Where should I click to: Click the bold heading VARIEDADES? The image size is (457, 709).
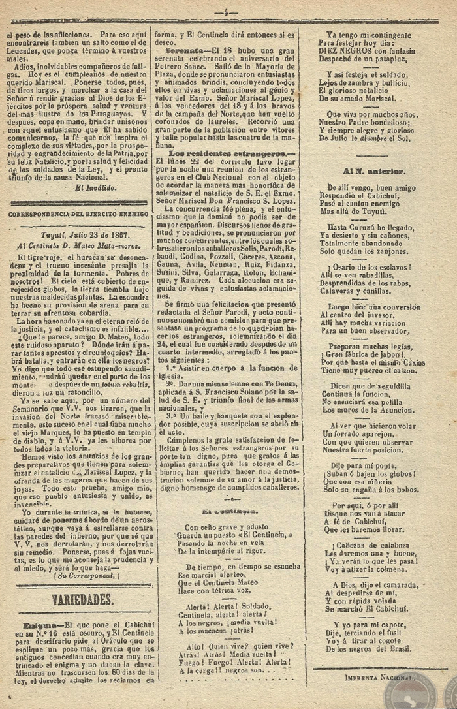click(x=83, y=599)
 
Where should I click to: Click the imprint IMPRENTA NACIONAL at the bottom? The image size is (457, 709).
click(x=378, y=678)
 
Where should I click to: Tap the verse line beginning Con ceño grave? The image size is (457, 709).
click(x=227, y=526)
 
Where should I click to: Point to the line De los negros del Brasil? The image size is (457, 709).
click(x=370, y=648)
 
